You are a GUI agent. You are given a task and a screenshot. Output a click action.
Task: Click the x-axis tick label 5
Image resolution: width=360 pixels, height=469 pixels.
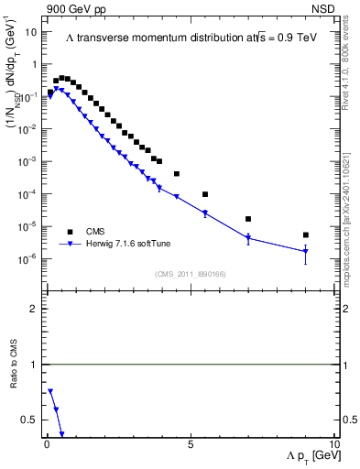point(190,444)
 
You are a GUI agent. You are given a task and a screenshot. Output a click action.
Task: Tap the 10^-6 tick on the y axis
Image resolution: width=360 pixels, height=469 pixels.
point(27,259)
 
